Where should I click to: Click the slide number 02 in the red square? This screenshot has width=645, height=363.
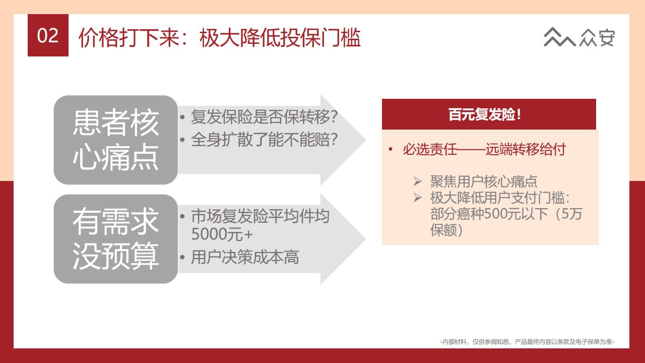pyautogui.click(x=48, y=36)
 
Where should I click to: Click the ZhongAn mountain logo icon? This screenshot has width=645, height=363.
pyautogui.click(x=559, y=37)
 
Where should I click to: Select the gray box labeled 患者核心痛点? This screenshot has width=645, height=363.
pyautogui.click(x=116, y=140)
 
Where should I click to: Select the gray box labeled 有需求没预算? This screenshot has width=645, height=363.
pyautogui.click(x=116, y=239)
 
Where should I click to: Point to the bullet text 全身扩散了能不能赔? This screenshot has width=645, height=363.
pyautogui.click(x=264, y=140)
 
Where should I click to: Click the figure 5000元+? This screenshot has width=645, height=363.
pyautogui.click(x=222, y=234)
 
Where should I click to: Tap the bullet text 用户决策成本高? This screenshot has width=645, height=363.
pyautogui.click(x=245, y=257)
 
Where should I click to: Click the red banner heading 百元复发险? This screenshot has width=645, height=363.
pyautogui.click(x=485, y=114)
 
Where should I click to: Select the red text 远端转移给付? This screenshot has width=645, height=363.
pyautogui.click(x=526, y=150)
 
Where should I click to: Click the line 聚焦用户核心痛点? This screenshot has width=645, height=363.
pyautogui.click(x=484, y=181)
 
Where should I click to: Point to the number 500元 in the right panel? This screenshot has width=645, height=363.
pyautogui.click(x=503, y=214)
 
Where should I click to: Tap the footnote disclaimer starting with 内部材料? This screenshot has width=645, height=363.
pyautogui.click(x=527, y=342)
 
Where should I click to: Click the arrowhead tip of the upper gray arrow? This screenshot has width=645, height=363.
pyautogui.click(x=366, y=140)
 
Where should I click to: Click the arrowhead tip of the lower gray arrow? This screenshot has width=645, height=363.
pyautogui.click(x=366, y=239)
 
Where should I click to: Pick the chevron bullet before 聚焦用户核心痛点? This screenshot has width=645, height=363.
pyautogui.click(x=417, y=181)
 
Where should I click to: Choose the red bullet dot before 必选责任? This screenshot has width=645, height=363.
pyautogui.click(x=391, y=149)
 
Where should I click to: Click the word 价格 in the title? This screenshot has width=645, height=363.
pyautogui.click(x=98, y=37)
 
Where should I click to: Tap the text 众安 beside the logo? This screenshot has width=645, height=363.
pyautogui.click(x=598, y=37)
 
